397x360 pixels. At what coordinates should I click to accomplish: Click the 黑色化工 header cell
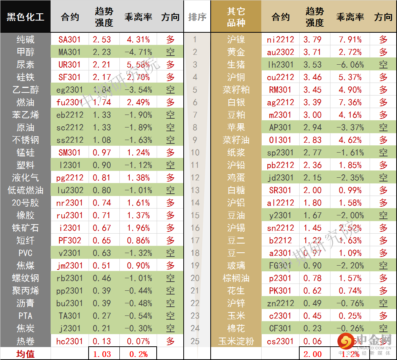coord(25,17)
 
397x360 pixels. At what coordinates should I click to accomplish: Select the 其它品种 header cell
coord(236,17)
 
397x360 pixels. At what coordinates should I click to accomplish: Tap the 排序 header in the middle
coord(197,17)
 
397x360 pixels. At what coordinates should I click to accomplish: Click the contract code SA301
coord(70,39)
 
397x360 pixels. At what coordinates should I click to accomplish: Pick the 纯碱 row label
coord(25,39)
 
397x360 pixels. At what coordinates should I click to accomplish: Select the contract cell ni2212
coord(281,39)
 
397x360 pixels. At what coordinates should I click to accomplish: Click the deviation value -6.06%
coord(349,64)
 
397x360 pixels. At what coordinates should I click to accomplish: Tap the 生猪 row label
coord(236,64)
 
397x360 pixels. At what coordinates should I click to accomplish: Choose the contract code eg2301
coord(70,90)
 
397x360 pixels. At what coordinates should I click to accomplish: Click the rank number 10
coord(195,153)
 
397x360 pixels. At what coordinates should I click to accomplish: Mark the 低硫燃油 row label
coord(25,190)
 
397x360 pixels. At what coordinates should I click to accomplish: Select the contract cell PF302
coord(70,241)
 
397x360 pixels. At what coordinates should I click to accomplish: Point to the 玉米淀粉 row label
coord(236,341)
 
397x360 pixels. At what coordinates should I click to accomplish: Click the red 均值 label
coord(25,354)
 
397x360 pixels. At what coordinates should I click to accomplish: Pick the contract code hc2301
coord(70,341)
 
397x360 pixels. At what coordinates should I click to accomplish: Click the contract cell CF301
coord(281,328)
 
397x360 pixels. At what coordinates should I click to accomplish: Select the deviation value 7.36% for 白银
coord(349,102)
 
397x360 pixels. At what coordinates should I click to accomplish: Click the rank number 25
coord(195,341)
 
